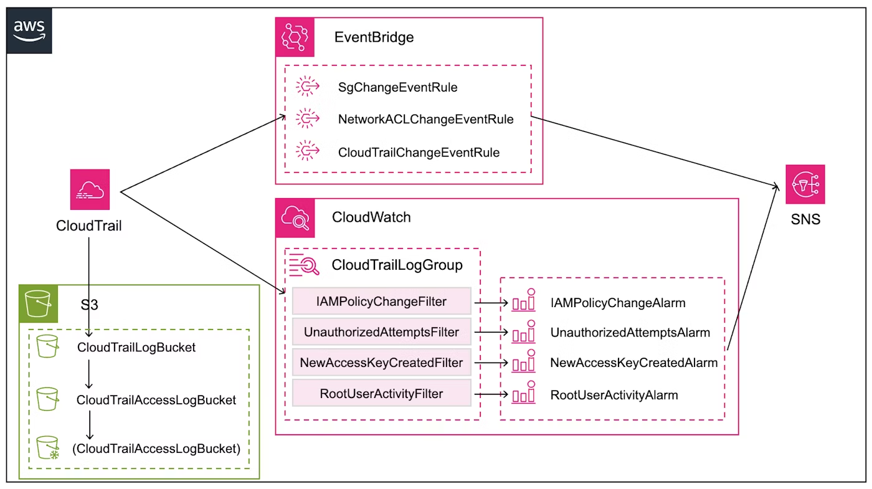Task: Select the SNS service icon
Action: click(805, 184)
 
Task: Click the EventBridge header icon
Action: click(295, 37)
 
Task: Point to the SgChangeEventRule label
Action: click(397, 87)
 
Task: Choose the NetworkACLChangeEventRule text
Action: click(425, 119)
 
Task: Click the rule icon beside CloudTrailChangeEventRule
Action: click(307, 151)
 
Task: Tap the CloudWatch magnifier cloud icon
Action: click(295, 218)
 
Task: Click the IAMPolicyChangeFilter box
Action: click(381, 301)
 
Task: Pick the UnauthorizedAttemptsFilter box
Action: click(381, 332)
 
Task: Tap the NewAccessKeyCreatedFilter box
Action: click(381, 363)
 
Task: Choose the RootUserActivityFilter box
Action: click(381, 394)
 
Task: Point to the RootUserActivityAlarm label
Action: click(614, 395)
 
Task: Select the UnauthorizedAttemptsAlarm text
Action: click(630, 333)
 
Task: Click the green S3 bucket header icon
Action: click(38, 305)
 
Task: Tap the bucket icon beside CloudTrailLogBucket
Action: click(47, 346)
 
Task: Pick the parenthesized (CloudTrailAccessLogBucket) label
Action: click(156, 448)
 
